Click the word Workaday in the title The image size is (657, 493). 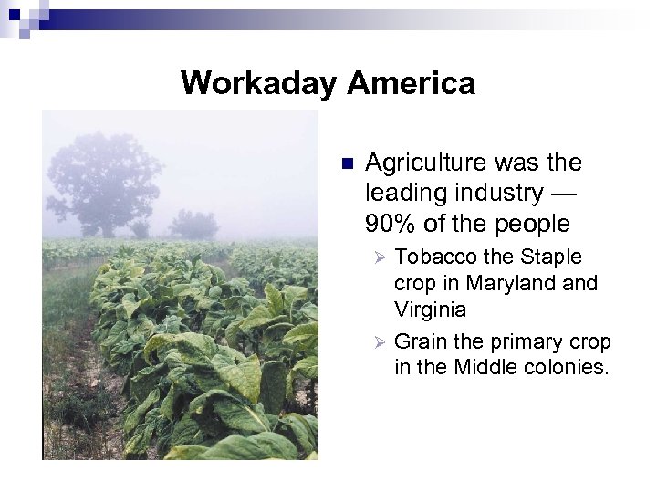tap(259, 83)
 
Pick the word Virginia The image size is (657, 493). tap(430, 309)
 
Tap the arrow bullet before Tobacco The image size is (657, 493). tap(382, 257)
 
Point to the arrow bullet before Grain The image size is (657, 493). tap(382, 341)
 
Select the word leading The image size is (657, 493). tap(400, 193)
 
